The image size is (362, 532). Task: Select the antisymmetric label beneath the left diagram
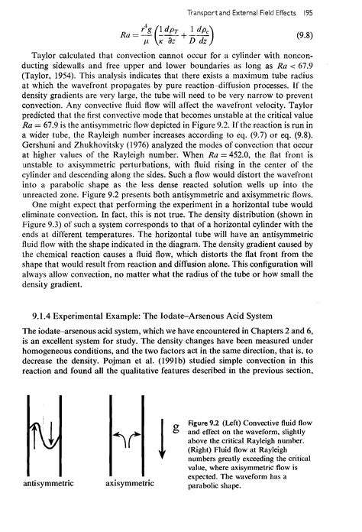pos(45,504)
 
